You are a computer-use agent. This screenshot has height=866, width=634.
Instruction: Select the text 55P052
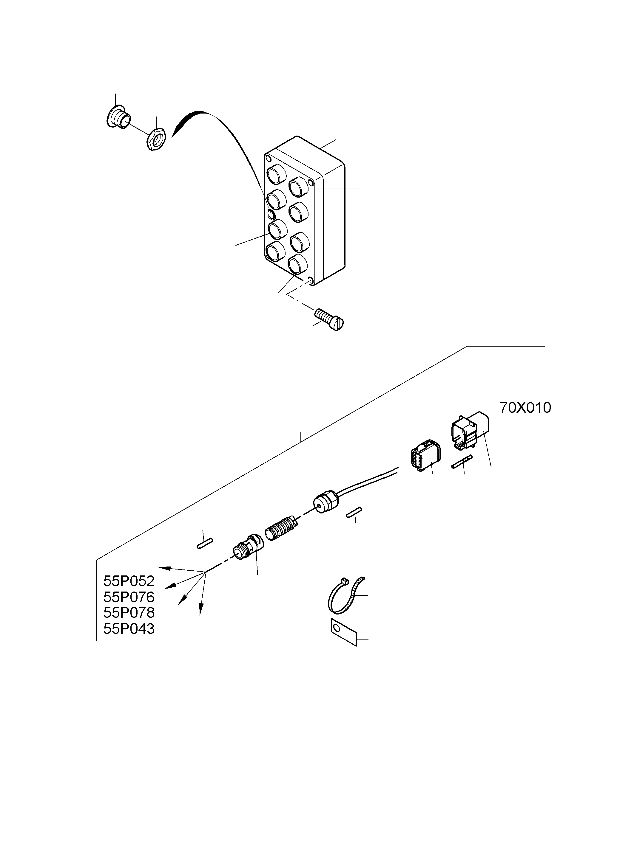pyautogui.click(x=129, y=581)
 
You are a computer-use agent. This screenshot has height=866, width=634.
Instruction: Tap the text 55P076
pyautogui.click(x=129, y=597)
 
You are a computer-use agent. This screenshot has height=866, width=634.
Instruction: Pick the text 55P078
pyautogui.click(x=129, y=613)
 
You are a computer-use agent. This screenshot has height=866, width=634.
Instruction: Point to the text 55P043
pyautogui.click(x=129, y=629)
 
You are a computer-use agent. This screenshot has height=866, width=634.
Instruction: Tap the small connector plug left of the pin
pyautogui.click(x=424, y=455)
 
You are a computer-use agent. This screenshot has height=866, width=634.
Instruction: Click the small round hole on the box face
pyautogui.click(x=271, y=214)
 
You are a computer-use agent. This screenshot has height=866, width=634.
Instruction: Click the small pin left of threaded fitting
pyautogui.click(x=205, y=543)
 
